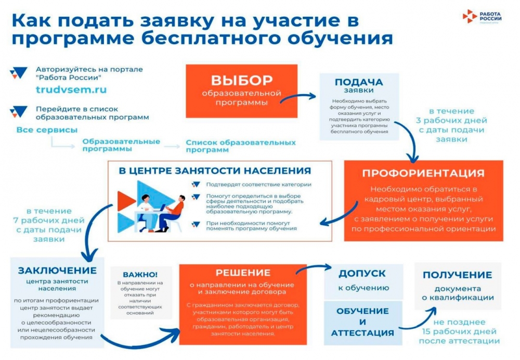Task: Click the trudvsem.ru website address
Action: (x=71, y=89)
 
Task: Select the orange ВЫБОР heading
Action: (x=242, y=80)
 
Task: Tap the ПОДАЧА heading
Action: (x=359, y=82)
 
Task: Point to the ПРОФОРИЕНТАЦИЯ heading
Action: (x=423, y=173)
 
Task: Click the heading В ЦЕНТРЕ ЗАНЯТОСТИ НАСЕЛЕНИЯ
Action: (x=215, y=171)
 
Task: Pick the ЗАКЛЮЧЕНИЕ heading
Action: (x=57, y=270)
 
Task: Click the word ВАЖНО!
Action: (x=140, y=274)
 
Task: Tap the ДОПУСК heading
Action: (x=362, y=273)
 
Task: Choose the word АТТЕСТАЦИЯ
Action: (x=362, y=333)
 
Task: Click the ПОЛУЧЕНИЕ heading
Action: (x=457, y=275)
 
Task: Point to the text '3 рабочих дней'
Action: (x=451, y=120)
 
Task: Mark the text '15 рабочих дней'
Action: (x=458, y=331)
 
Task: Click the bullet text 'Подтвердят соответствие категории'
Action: (x=258, y=184)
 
